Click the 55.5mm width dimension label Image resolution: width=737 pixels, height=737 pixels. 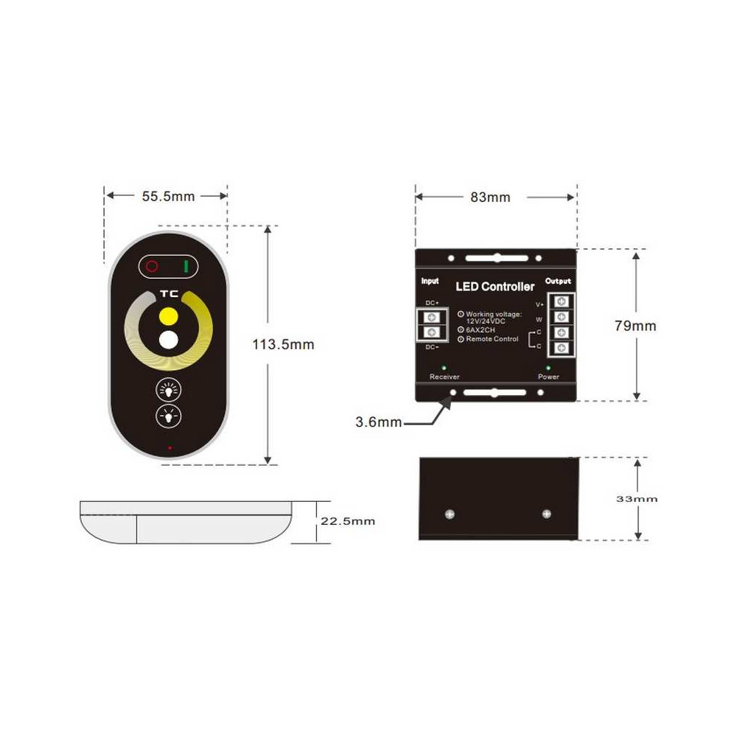point(168,197)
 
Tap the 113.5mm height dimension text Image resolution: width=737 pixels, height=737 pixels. point(283,344)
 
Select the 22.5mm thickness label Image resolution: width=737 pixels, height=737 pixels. point(348,521)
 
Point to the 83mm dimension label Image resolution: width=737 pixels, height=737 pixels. point(490,198)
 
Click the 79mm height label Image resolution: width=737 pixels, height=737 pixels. point(635,326)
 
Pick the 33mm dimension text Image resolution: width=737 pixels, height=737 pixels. point(637,499)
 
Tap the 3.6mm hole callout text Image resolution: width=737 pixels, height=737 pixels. point(378,422)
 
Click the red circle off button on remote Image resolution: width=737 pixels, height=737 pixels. point(152,267)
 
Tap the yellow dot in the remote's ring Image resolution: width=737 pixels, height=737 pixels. point(168,315)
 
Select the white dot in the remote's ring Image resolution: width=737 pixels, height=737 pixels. point(168,340)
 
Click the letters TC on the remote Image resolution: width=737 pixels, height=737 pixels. point(170,294)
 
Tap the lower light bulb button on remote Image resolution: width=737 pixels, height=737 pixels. point(168,416)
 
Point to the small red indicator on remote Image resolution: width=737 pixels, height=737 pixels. point(170,448)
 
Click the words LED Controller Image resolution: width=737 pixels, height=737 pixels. point(495,287)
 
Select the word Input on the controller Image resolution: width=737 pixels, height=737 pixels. point(430,281)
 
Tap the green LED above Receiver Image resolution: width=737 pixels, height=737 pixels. point(444,368)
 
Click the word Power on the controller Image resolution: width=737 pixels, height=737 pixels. point(548,377)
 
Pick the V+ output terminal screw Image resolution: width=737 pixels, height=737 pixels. point(561,301)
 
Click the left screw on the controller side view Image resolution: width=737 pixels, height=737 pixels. point(450,514)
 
